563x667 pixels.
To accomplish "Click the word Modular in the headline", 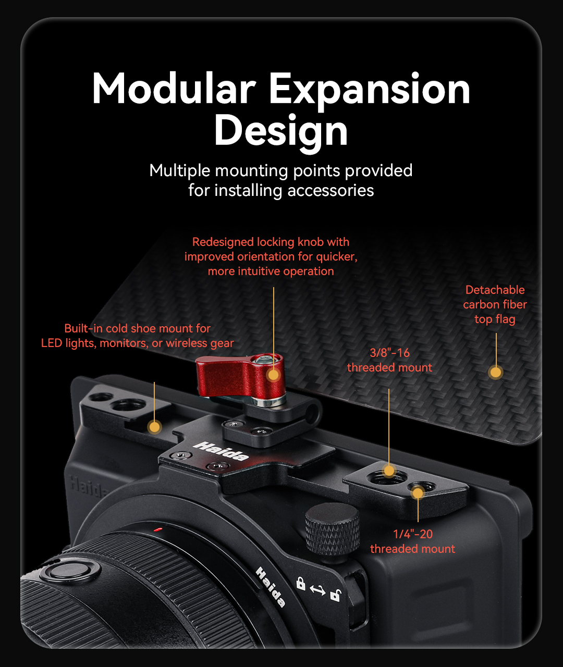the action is pyautogui.click(x=174, y=88).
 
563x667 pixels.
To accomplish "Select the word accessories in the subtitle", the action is pyautogui.click(x=331, y=190).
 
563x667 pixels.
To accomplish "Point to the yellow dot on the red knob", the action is pyautogui.click(x=273, y=375).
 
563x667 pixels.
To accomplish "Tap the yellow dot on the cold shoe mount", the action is pyautogui.click(x=155, y=427).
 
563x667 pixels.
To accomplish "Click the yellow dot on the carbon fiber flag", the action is pyautogui.click(x=496, y=372).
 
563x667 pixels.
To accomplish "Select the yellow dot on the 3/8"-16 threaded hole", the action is pyautogui.click(x=389, y=471).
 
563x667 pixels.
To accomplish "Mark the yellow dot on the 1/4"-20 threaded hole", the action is pyautogui.click(x=418, y=493).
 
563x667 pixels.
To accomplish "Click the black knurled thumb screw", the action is pyautogui.click(x=332, y=530).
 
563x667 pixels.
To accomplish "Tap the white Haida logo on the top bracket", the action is pyautogui.click(x=221, y=451).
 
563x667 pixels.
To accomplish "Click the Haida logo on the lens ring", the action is pyautogui.click(x=271, y=587).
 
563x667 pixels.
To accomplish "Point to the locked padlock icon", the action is pyautogui.click(x=300, y=583).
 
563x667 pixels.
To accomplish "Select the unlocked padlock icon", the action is pyautogui.click(x=335, y=595).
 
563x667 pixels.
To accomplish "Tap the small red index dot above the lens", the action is pyautogui.click(x=158, y=529).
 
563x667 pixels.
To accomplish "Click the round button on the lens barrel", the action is pyautogui.click(x=71, y=571).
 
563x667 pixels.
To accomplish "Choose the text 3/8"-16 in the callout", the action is pyautogui.click(x=389, y=353).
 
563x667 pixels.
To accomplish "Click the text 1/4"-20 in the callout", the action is pyautogui.click(x=412, y=534).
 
